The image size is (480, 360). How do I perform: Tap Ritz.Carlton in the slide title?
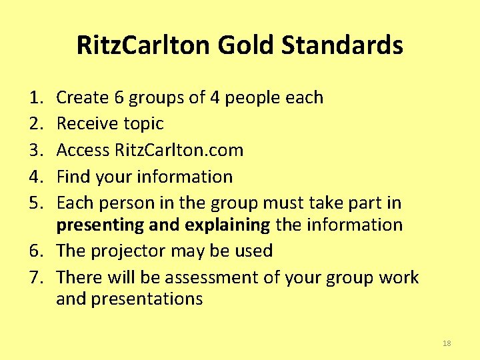click(143, 45)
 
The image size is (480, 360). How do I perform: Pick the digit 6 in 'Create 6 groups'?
click(119, 97)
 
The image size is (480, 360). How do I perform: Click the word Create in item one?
click(83, 97)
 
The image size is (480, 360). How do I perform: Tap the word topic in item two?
click(143, 124)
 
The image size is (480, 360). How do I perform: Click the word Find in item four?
click(73, 177)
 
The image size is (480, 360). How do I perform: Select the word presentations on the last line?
click(147, 299)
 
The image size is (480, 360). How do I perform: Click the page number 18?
click(447, 343)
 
